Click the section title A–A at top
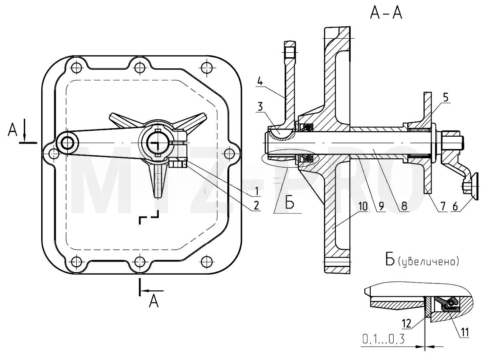click(386, 13)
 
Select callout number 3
click(260, 106)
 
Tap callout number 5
click(445, 97)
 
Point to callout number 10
click(363, 206)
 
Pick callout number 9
click(381, 206)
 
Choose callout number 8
click(404, 206)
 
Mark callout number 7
click(442, 206)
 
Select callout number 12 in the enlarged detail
click(406, 323)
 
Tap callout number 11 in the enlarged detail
click(465, 332)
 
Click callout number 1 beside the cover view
click(256, 191)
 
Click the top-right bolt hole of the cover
click(206, 67)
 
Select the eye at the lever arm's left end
click(68, 143)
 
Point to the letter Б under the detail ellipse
click(290, 202)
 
